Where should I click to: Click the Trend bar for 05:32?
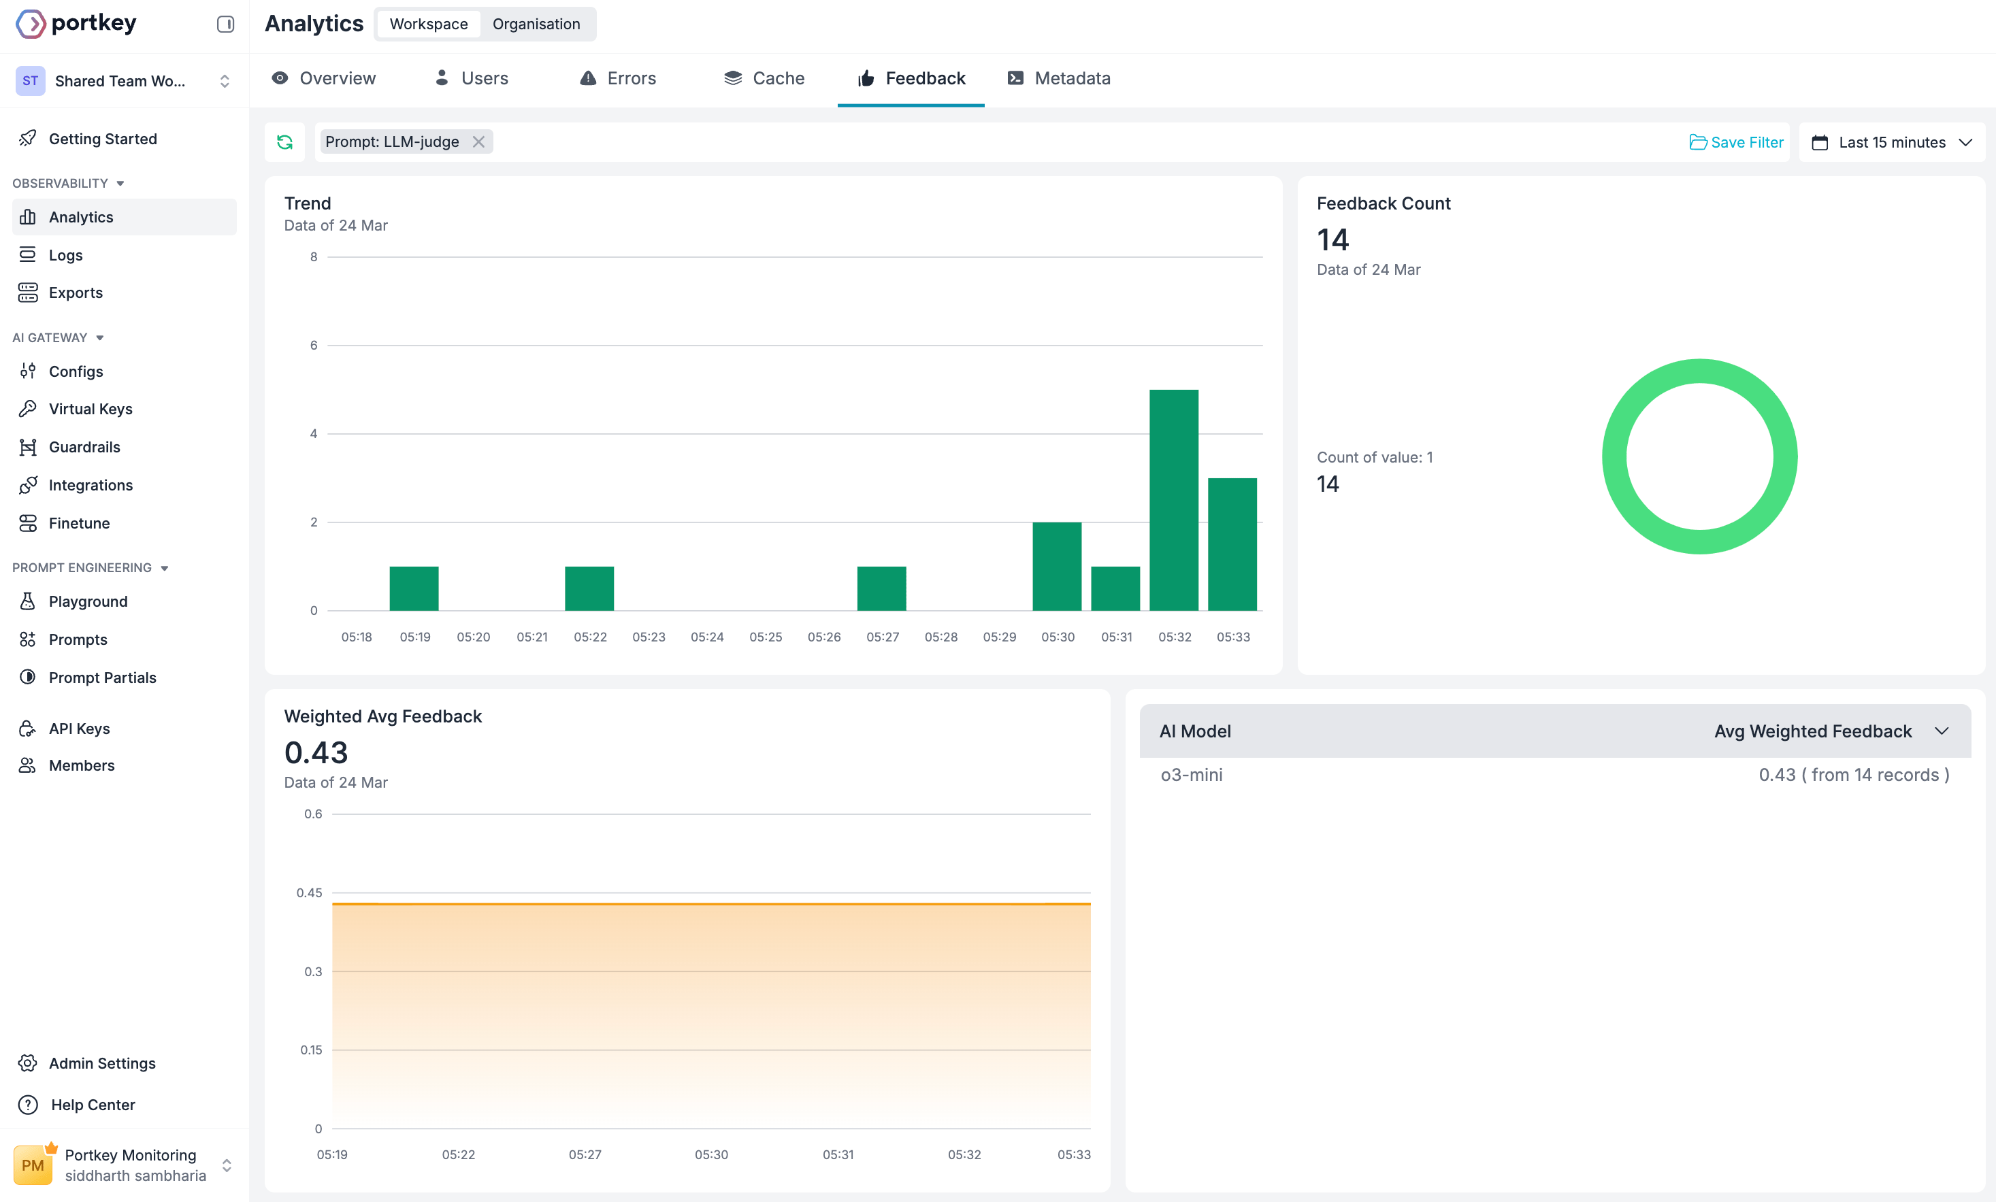pos(1174,500)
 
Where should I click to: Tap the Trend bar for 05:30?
pos(1057,566)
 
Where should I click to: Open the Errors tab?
pos(618,78)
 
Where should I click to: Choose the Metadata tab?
pos(1059,78)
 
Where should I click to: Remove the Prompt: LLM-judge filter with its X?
pos(478,141)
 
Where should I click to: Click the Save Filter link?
pos(1736,143)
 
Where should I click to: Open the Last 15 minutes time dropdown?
pos(1891,143)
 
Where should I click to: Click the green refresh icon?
pos(285,143)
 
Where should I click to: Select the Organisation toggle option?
pos(536,24)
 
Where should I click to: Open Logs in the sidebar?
pos(65,255)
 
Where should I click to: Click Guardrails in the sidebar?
pos(84,447)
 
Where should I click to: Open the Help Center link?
pos(93,1105)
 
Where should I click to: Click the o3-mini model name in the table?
pos(1192,775)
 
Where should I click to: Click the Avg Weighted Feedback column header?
pos(1813,731)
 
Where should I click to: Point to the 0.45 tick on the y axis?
pos(309,892)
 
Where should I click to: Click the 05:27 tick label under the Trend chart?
pos(882,637)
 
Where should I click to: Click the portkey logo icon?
pos(31,24)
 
